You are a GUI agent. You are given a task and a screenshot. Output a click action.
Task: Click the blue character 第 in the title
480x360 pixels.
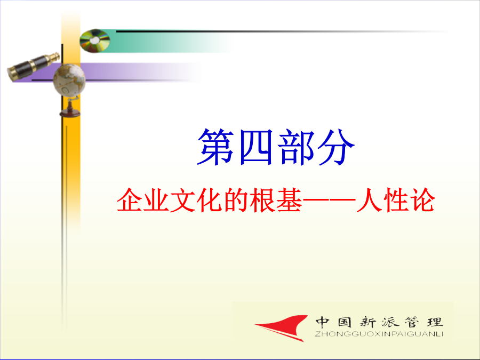[216, 147]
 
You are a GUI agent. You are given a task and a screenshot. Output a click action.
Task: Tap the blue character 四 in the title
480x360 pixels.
[256, 147]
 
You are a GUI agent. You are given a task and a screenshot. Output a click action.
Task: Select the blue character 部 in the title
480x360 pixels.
[296, 147]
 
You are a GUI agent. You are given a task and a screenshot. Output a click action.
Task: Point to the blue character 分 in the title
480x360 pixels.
[336, 147]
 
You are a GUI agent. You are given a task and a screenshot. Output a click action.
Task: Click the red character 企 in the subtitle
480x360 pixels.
[130, 200]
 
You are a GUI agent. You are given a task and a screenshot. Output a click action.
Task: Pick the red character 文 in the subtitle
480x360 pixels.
[183, 200]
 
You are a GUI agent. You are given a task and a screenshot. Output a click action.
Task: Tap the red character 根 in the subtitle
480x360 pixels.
[262, 200]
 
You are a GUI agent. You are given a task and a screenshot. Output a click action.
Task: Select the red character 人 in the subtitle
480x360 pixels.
[369, 200]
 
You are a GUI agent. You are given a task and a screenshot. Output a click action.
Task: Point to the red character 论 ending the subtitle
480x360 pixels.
[422, 200]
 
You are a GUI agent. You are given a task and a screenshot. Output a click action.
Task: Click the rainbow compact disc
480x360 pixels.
[94, 41]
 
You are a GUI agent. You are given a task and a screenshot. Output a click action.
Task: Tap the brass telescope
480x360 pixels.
[33, 67]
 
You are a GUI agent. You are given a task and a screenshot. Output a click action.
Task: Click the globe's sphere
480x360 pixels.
[69, 80]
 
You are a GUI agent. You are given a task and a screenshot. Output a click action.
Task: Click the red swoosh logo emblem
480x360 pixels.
[282, 328]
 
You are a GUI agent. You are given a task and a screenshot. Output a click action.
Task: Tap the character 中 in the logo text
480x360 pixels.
[322, 322]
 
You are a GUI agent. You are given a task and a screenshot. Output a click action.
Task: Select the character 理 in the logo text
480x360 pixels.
[435, 322]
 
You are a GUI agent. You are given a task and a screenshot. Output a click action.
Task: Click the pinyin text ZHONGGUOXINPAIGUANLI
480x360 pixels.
[379, 334]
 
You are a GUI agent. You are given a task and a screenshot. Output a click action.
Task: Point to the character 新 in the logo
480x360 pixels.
[367, 322]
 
